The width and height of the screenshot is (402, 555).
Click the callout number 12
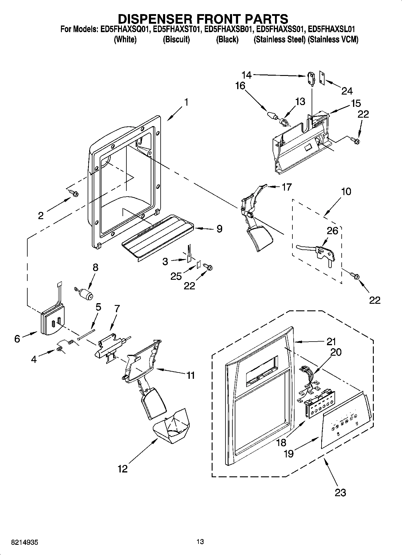coord(122,469)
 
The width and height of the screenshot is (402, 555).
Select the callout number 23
coord(340,492)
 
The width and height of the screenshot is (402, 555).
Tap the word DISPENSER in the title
coord(149,19)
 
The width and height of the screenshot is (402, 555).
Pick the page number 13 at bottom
coord(200,541)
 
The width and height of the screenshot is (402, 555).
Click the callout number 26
coord(332,231)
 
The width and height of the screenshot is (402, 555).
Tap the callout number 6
coord(17,339)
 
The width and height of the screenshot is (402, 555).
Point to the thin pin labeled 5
coord(86,334)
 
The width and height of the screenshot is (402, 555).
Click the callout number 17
coord(286,187)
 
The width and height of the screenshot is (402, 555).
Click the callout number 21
coord(331,341)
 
